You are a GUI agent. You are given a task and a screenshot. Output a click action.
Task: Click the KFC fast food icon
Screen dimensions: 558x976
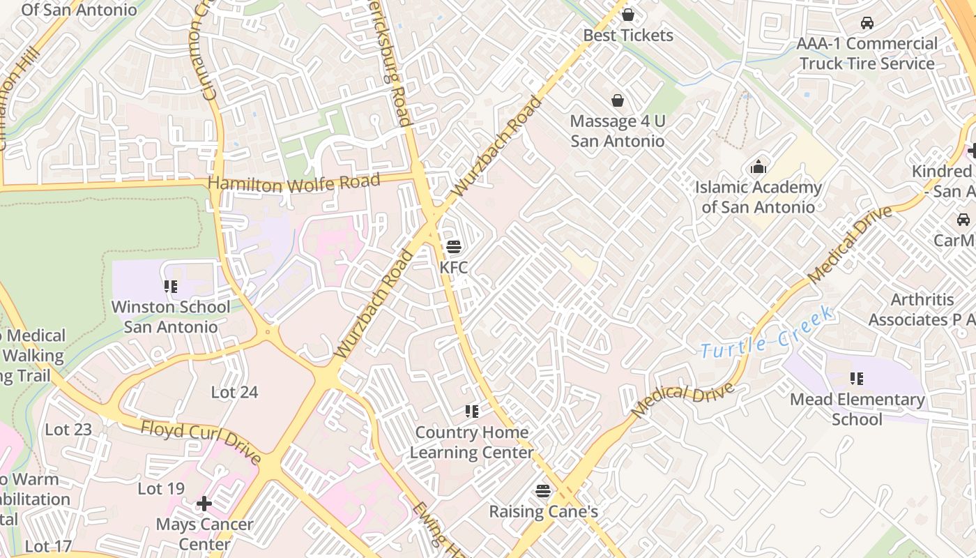coord(453,247)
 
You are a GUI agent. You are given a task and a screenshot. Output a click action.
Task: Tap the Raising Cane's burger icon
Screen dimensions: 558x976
coord(543,491)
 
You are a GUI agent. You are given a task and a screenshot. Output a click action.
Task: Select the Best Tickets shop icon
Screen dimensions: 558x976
coord(627,15)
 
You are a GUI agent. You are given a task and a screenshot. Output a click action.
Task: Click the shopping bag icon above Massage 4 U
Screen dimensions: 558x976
coord(617,100)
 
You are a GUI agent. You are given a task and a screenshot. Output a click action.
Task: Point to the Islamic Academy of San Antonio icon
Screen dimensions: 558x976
coord(758,167)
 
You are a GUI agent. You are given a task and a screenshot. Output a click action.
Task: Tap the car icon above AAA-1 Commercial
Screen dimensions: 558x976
coord(867,23)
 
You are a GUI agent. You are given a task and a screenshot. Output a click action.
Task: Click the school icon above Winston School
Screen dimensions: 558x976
coord(170,287)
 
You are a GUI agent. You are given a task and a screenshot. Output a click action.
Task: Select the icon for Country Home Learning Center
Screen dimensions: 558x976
coord(472,412)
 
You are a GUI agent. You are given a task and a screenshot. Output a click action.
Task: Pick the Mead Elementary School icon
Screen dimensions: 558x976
coord(856,379)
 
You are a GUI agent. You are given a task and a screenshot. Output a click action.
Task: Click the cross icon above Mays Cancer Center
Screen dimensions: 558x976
coord(204,503)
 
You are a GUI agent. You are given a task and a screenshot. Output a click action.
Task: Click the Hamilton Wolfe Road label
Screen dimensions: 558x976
coord(294,184)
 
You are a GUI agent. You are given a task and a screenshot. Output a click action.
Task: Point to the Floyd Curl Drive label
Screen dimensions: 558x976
coord(201,442)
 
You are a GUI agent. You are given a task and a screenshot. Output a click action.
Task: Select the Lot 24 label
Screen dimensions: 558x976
coord(234,393)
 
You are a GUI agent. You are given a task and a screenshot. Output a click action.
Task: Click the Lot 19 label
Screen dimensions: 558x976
coord(161,489)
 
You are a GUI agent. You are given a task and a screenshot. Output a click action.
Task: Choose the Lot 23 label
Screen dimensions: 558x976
coord(68,430)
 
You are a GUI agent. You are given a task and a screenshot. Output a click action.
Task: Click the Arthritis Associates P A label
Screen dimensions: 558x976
coord(922,310)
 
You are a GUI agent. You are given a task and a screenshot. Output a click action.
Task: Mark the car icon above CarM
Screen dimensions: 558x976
coord(963,220)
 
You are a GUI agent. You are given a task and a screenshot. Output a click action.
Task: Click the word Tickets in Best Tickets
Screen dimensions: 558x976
coord(648,36)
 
